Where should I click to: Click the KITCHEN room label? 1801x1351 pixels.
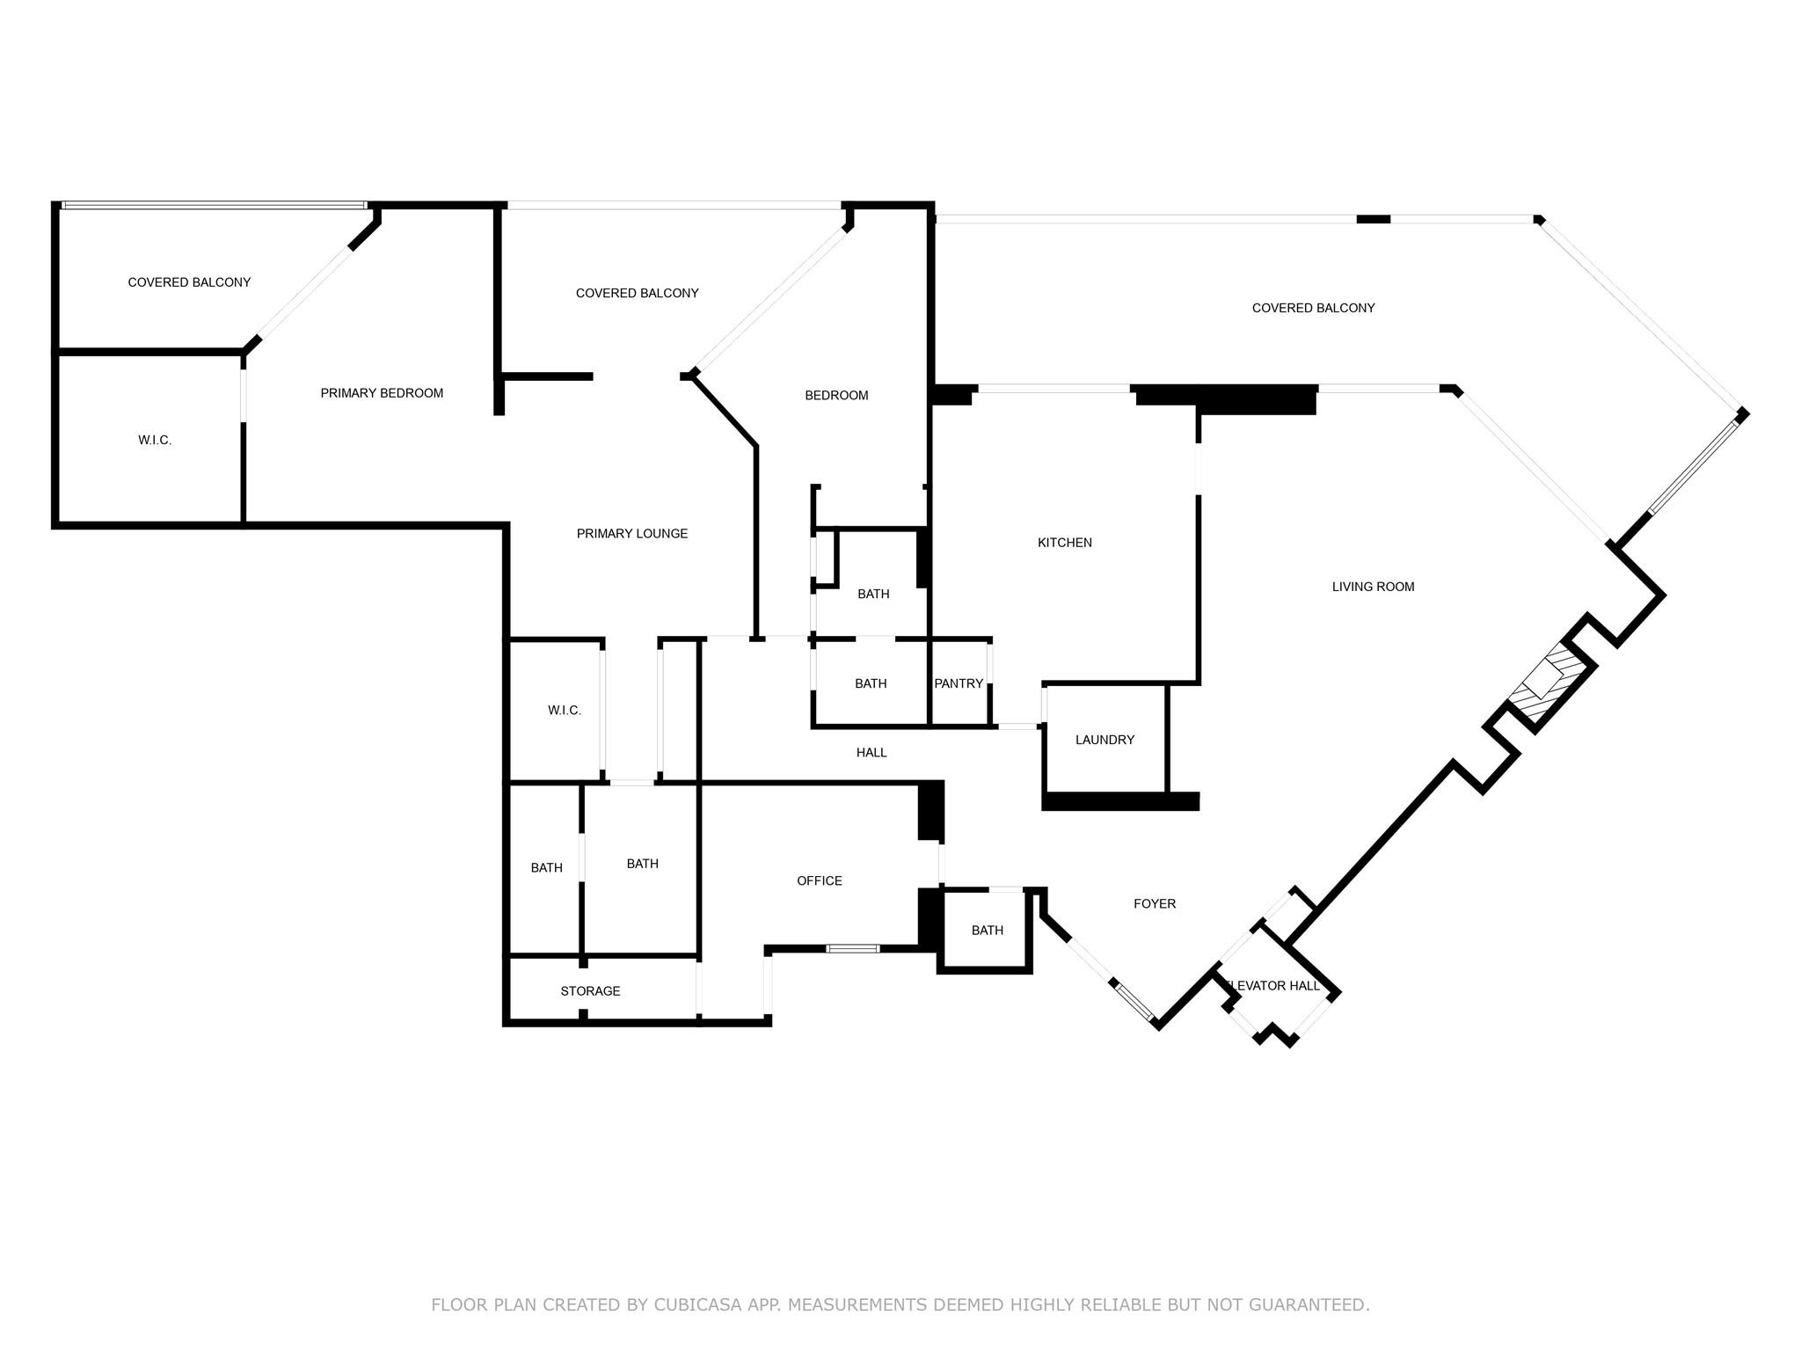1064,543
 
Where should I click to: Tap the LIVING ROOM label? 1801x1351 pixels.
1372,587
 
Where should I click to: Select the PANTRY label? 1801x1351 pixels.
959,683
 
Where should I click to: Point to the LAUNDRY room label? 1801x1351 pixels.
1105,740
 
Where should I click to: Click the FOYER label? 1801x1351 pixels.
1154,903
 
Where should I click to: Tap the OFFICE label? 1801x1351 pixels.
819,880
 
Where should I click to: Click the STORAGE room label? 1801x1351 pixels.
590,991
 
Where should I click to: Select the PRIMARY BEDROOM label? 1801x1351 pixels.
382,393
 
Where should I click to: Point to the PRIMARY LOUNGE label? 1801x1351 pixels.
631,534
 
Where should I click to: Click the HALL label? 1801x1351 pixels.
871,752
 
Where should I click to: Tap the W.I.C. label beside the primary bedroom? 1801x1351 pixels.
155,440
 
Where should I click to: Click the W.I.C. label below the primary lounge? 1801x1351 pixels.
564,710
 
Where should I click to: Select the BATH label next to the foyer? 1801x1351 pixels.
987,931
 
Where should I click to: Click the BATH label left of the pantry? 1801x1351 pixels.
871,683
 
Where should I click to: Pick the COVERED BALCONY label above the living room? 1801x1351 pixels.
1312,308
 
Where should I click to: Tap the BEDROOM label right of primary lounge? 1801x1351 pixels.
836,396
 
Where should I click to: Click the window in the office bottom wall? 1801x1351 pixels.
853,948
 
